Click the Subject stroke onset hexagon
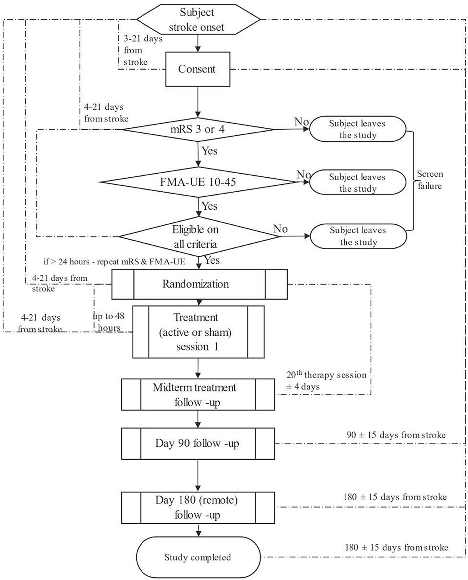(x=197, y=19)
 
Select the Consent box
(x=197, y=69)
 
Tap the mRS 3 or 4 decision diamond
(x=198, y=129)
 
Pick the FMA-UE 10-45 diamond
(x=198, y=182)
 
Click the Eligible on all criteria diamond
(x=198, y=236)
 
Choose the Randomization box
(x=199, y=284)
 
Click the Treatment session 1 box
(x=198, y=332)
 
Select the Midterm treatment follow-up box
(x=198, y=395)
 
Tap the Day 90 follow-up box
(x=198, y=443)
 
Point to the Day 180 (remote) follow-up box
(x=198, y=507)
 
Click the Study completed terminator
(x=198, y=557)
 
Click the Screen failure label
(x=430, y=180)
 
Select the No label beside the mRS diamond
(x=301, y=122)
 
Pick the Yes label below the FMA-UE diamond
(x=209, y=206)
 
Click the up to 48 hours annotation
(x=109, y=322)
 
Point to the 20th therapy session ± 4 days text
(x=326, y=381)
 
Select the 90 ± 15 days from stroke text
(x=396, y=435)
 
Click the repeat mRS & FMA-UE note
(x=114, y=262)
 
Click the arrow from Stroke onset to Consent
(x=198, y=43)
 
